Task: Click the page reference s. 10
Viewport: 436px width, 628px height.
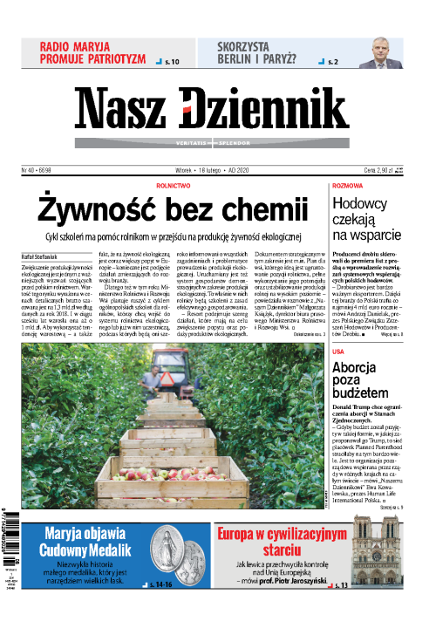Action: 171,63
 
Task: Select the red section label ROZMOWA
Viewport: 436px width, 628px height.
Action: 347,186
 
